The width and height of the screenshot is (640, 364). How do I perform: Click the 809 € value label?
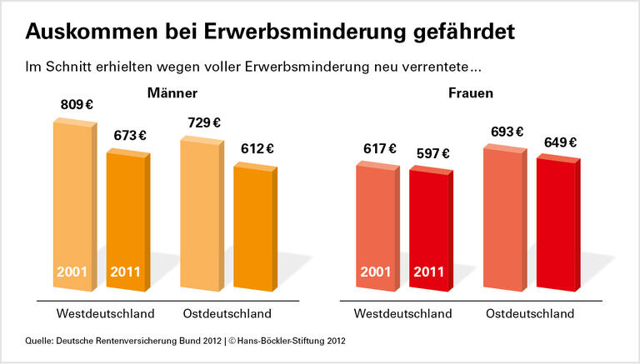coord(78,106)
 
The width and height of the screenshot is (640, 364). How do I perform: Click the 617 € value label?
coord(379,149)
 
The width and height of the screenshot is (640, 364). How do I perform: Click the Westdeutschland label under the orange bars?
coord(106,314)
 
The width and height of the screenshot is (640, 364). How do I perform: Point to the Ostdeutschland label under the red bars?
coord(530,314)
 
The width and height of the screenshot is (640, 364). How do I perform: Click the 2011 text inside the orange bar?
coord(125,272)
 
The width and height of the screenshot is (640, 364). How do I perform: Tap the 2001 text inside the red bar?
coord(376,272)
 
